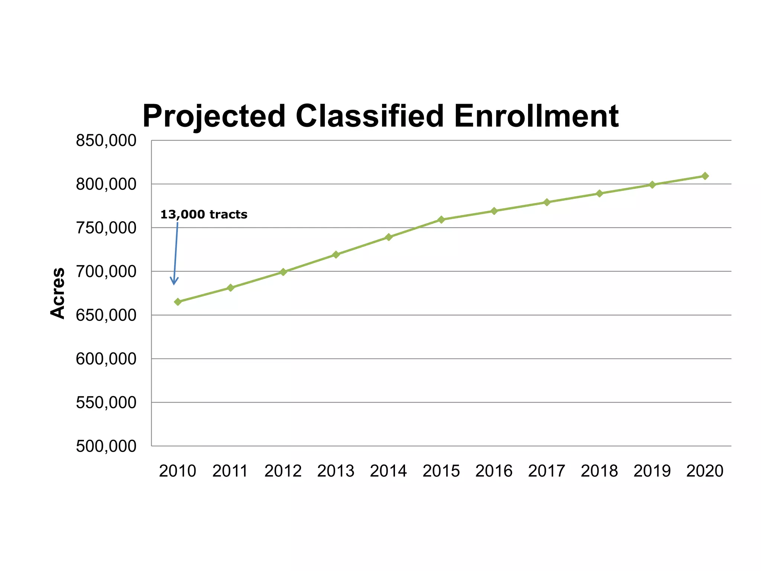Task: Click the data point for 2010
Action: click(x=178, y=301)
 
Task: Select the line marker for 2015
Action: click(x=441, y=219)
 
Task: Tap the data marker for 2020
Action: click(x=705, y=176)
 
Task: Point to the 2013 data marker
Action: click(x=336, y=254)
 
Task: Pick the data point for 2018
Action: click(x=599, y=193)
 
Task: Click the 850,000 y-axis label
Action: click(x=106, y=141)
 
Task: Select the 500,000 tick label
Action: click(x=106, y=446)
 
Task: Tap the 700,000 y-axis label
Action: click(x=106, y=272)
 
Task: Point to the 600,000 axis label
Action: click(x=106, y=359)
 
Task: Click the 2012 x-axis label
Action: click(x=283, y=471)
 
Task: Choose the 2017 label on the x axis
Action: click(x=547, y=471)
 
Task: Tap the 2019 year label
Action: click(x=652, y=471)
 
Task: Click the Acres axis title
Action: click(x=58, y=293)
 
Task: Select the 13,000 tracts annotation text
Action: click(x=204, y=214)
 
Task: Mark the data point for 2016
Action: click(x=494, y=211)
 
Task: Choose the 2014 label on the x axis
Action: click(x=388, y=471)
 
